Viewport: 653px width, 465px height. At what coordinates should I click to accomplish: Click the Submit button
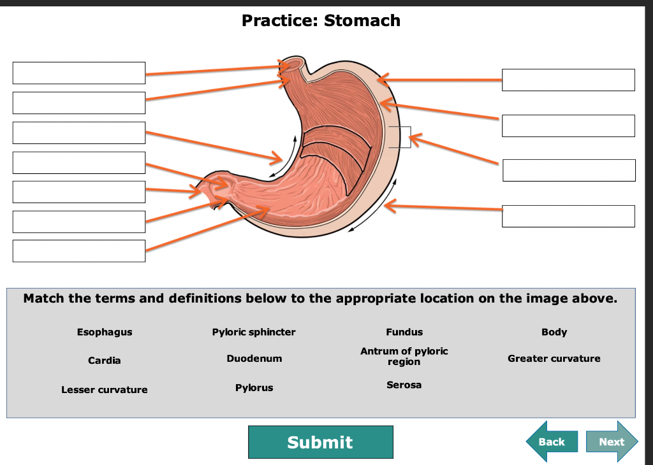coord(320,442)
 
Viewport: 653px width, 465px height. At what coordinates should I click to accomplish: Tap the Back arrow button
coord(551,441)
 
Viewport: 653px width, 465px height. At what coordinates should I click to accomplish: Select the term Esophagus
coord(105,332)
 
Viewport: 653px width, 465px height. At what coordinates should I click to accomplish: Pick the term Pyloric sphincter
coord(254,332)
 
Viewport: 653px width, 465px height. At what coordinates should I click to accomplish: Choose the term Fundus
coord(404,332)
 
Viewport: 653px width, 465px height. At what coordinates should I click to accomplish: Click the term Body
coord(554,332)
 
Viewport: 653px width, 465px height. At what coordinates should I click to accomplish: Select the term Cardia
coord(105,361)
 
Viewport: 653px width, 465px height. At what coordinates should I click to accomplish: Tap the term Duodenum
coord(254,359)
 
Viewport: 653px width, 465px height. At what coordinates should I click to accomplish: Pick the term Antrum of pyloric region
coord(404,356)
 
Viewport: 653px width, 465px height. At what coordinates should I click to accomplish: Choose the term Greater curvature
coord(554,359)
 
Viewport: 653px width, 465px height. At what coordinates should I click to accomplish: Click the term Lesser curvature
coord(105,389)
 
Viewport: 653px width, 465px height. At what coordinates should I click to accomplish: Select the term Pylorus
coord(254,387)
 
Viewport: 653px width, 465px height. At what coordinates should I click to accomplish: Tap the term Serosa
coord(404,385)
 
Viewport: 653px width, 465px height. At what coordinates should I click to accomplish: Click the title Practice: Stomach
coord(321,20)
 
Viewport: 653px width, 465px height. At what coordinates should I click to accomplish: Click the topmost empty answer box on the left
coord(79,73)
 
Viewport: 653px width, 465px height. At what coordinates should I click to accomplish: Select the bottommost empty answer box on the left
coord(79,250)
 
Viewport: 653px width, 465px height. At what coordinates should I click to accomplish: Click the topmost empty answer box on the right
coord(568,80)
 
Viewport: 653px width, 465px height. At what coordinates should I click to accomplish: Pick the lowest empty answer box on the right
coord(568,216)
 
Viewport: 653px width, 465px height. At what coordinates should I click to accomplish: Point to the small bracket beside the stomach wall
coord(400,137)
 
